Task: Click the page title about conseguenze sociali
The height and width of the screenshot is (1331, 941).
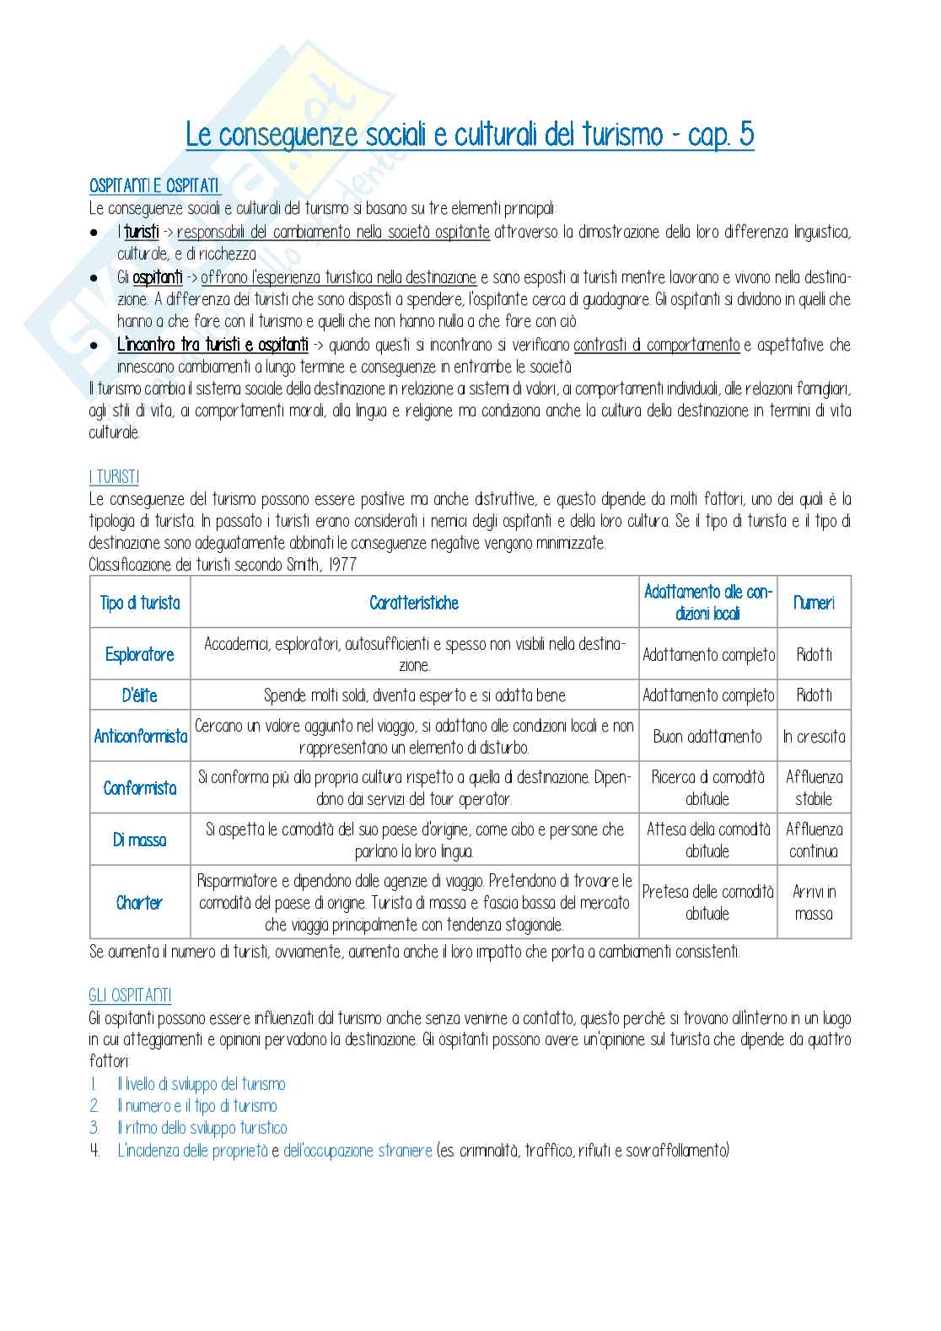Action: point(470,135)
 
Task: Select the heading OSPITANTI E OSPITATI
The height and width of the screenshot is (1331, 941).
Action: point(154,186)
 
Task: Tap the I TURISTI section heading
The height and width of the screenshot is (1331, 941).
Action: point(114,477)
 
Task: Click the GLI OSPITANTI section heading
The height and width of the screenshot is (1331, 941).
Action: point(130,996)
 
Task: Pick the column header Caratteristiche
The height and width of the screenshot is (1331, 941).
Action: point(414,603)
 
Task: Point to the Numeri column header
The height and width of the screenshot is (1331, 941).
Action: point(814,603)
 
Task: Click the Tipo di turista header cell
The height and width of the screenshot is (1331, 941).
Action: point(140,603)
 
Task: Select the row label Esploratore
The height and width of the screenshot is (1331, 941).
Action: point(140,654)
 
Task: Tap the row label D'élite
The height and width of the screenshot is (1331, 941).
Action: point(140,695)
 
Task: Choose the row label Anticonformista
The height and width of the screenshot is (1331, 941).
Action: point(140,736)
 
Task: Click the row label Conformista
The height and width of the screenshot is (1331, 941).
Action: point(140,788)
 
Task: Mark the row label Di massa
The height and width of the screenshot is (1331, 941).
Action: point(140,840)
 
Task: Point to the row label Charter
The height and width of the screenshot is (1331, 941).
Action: point(140,903)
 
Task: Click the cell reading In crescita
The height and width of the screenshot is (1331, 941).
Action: point(814,736)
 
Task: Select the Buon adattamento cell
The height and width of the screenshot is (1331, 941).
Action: point(707,736)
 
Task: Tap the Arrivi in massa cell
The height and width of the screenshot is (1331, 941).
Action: point(814,903)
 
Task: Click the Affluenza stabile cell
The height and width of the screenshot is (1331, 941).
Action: point(814,788)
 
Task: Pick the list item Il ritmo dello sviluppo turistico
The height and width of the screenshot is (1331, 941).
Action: point(202,1128)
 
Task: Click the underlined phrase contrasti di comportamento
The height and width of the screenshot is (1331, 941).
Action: point(656,345)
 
